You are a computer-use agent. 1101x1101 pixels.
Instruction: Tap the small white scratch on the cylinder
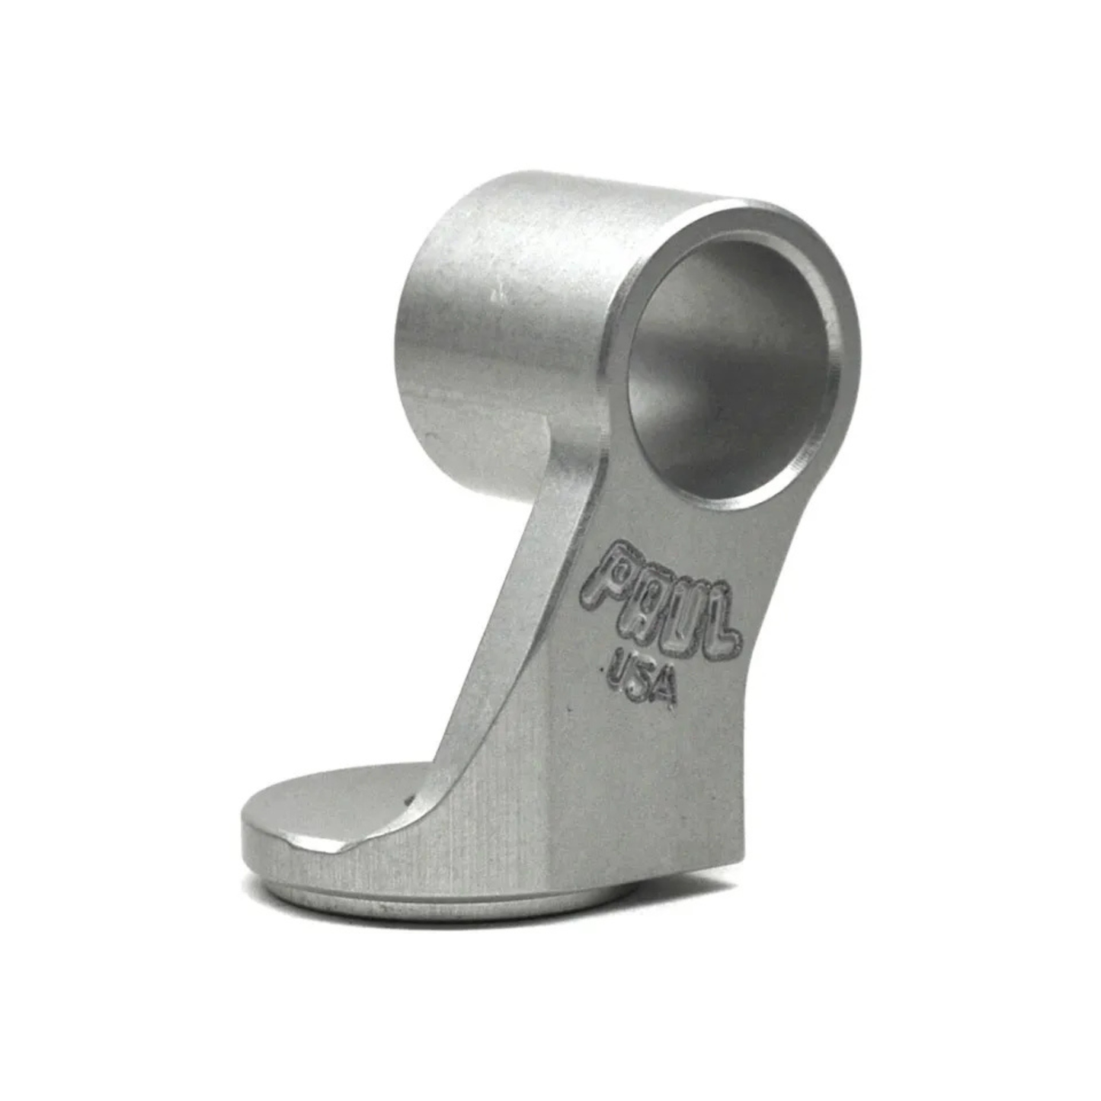[x=499, y=291]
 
